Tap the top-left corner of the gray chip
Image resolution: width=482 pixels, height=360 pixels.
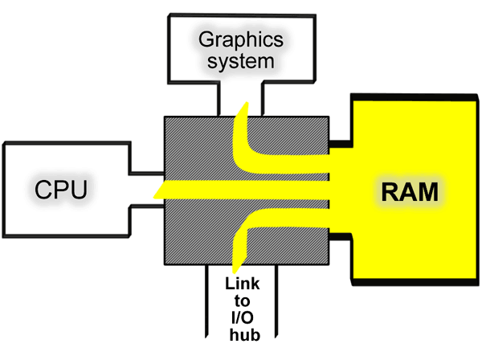point(165,118)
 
